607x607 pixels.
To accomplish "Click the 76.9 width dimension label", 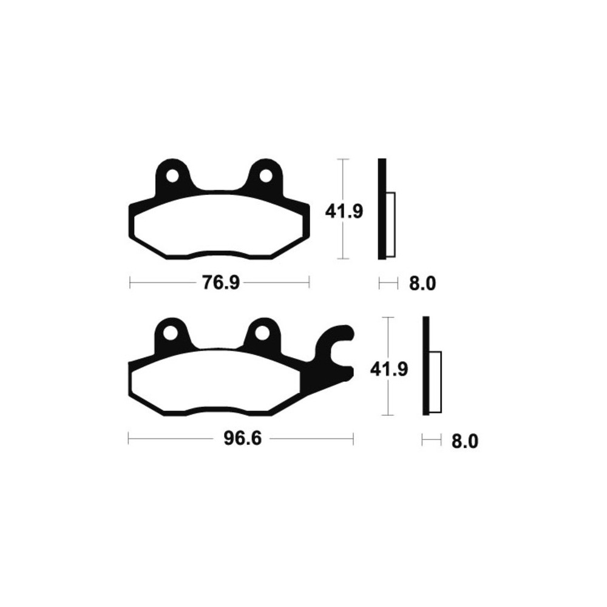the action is (x=221, y=283).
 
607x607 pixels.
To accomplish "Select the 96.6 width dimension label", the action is (x=243, y=439).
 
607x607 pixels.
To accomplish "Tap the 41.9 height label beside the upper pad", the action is (x=344, y=212).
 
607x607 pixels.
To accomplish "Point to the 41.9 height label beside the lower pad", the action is (x=389, y=369).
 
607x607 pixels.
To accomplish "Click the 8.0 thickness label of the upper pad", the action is (x=422, y=283).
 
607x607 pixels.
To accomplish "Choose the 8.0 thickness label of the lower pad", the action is (x=465, y=441).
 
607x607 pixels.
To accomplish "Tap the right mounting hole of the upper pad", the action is (x=266, y=176).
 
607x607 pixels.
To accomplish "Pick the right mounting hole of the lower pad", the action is (x=262, y=333).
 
